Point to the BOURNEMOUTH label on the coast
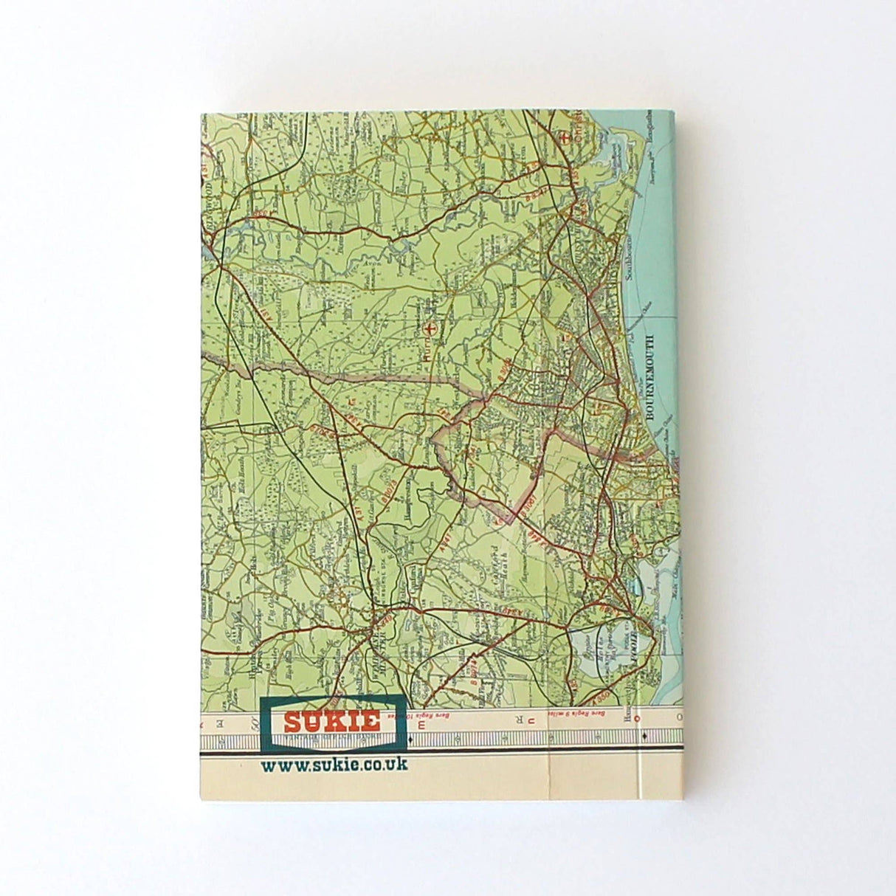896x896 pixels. click(650, 376)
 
